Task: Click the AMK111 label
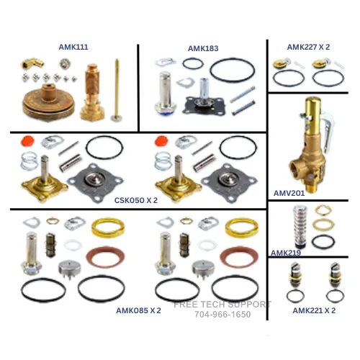(x=73, y=47)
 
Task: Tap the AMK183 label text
(x=203, y=48)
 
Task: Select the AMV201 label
(x=289, y=193)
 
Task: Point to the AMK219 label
(x=286, y=253)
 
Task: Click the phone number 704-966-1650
(x=222, y=315)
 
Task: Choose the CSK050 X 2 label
(x=136, y=200)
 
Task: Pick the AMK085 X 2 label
(x=138, y=310)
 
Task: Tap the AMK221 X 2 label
(x=314, y=310)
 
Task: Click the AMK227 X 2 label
(x=308, y=47)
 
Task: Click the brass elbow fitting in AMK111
(x=32, y=63)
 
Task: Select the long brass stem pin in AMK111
(x=117, y=90)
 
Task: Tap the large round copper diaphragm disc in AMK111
(x=49, y=102)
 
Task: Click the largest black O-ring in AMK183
(x=233, y=71)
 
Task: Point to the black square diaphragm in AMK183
(x=204, y=104)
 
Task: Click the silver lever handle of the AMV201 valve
(x=328, y=132)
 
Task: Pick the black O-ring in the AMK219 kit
(x=323, y=242)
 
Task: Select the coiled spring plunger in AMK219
(x=300, y=227)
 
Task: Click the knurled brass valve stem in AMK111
(x=92, y=92)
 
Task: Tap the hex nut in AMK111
(x=65, y=64)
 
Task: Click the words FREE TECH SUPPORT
(x=222, y=305)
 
